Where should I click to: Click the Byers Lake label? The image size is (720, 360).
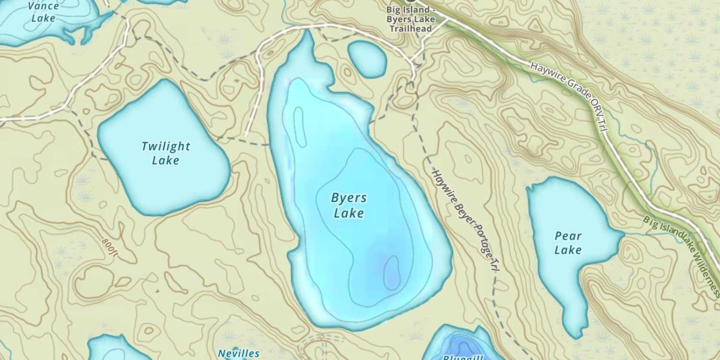349,205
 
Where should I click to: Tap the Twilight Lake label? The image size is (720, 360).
166,153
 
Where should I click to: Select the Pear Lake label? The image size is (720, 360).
568,243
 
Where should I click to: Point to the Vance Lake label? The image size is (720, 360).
43,12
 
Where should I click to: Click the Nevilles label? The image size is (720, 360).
239,354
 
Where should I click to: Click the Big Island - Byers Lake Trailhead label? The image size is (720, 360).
411,20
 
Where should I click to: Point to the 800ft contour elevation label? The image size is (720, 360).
110,247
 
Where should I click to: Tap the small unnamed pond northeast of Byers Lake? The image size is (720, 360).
367,59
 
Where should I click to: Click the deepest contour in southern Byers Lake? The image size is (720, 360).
392,273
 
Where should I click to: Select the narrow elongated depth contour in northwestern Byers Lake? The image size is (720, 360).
300,127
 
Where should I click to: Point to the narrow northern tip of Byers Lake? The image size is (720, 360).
307,38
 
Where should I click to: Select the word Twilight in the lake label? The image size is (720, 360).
166,146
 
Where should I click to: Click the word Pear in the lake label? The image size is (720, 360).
568,236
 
